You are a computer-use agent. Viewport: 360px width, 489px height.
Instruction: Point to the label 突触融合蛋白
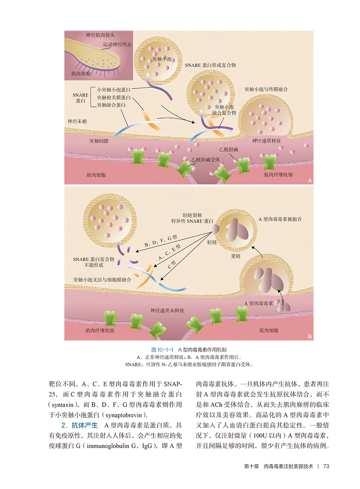coord(111,105)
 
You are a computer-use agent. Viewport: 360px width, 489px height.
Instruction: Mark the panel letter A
coord(310,180)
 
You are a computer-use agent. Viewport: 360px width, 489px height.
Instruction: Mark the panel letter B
coord(310,337)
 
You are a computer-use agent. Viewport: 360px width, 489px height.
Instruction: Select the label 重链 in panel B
coord(235,255)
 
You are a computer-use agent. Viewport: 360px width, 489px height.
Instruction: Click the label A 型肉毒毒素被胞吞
coord(279,219)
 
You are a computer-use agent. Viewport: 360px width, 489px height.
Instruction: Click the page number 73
coord(326,466)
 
